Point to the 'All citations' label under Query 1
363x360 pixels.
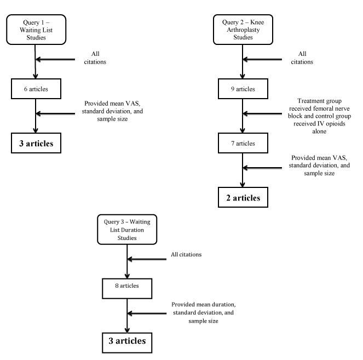pos(95,58)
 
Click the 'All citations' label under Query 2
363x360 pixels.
pos(302,58)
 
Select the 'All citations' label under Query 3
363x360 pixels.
pos(186,254)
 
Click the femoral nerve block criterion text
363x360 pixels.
pos(319,116)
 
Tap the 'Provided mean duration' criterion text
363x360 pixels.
pos(204,312)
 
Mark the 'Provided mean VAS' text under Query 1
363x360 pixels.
pos(112,111)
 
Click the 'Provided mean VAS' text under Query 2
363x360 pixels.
pos(319,165)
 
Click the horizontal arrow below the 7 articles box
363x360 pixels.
pos(262,168)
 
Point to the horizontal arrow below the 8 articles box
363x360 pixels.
pos(147,313)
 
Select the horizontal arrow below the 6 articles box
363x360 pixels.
pos(55,113)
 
